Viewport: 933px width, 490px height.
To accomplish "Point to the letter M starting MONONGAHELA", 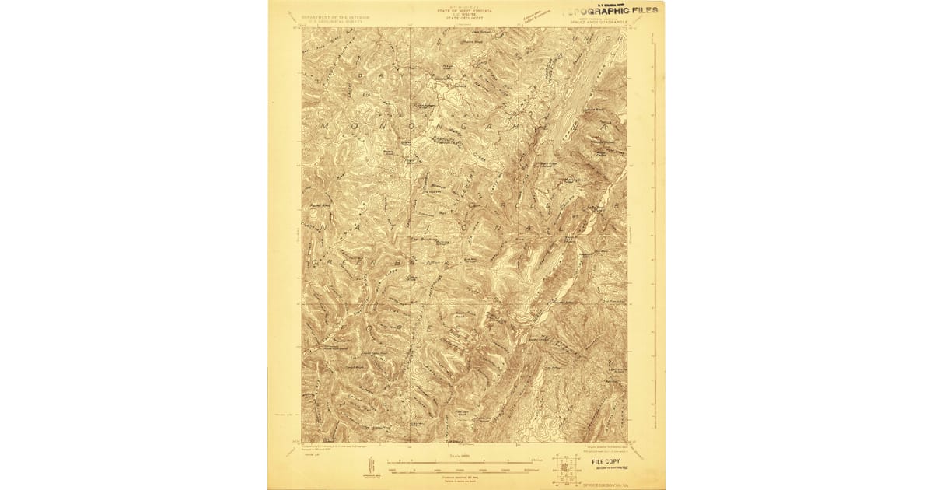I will click(x=327, y=124).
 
